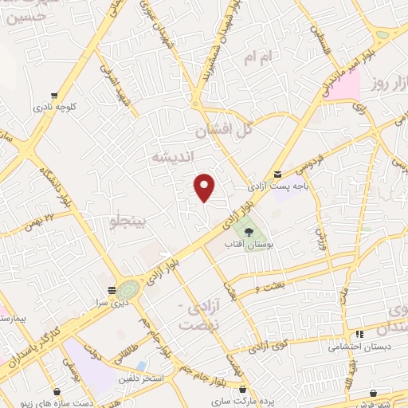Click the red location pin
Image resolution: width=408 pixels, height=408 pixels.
coord(205,188)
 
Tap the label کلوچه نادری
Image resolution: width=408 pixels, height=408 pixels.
coord(54,106)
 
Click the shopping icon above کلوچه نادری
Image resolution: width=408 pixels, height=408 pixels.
coord(54,94)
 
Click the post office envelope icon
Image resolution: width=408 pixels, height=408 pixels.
coord(277,174)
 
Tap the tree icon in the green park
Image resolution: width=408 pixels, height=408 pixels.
coord(248,232)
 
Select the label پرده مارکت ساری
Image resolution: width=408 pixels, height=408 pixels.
coord(248,399)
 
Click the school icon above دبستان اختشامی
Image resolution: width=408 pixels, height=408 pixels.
coord(359,334)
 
